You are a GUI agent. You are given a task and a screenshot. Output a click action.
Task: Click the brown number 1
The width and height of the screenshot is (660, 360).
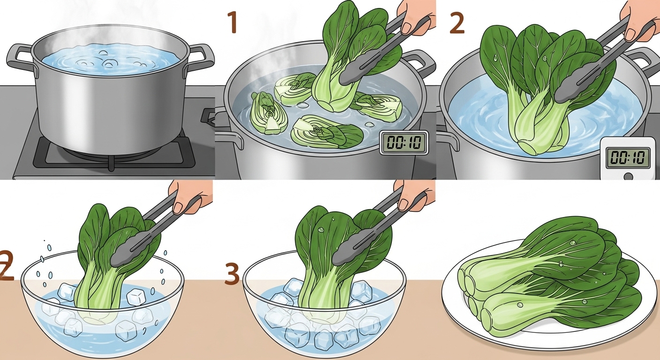point(233,22)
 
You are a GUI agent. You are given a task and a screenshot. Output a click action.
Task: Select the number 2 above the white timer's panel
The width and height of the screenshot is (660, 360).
point(457,23)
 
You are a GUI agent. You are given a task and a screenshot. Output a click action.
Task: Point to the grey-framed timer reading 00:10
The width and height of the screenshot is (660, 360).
point(403,142)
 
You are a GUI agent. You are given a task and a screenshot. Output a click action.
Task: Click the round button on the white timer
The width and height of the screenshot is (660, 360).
point(628,176)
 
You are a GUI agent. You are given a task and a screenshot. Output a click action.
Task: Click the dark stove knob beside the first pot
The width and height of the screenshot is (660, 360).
point(208,116)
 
